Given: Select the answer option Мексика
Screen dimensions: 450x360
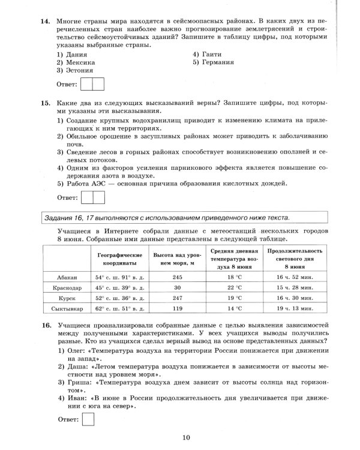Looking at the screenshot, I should (x=80, y=62).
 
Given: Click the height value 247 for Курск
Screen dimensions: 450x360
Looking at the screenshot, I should (x=177, y=298).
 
